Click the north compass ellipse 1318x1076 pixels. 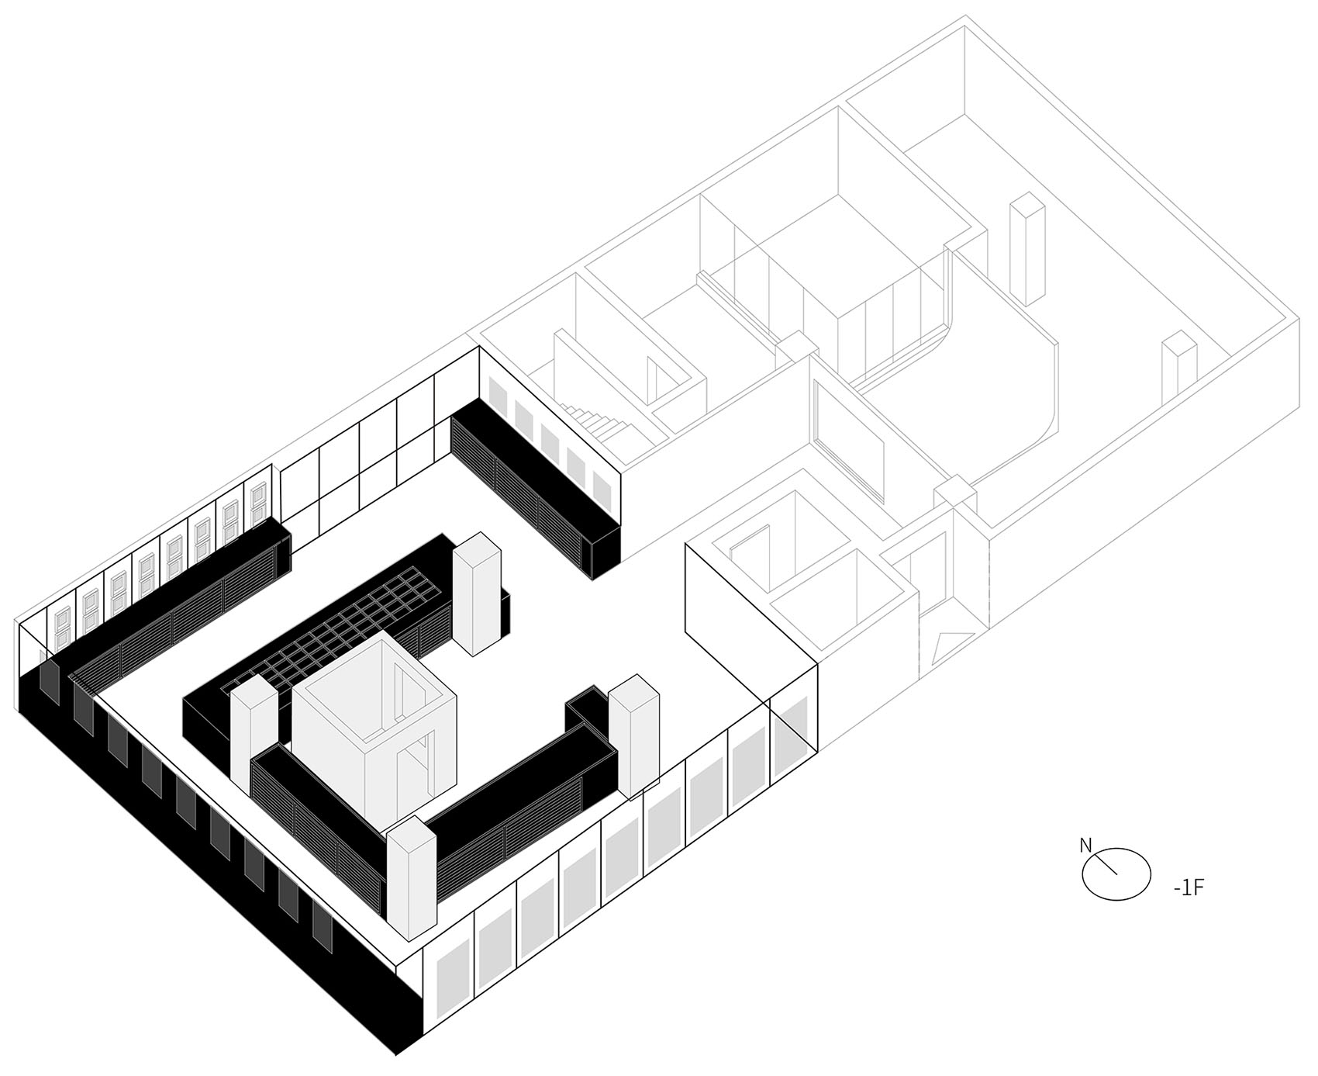(1116, 873)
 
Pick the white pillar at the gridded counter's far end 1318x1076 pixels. (476, 593)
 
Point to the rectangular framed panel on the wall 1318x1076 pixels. (849, 437)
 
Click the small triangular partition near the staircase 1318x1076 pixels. (653, 380)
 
